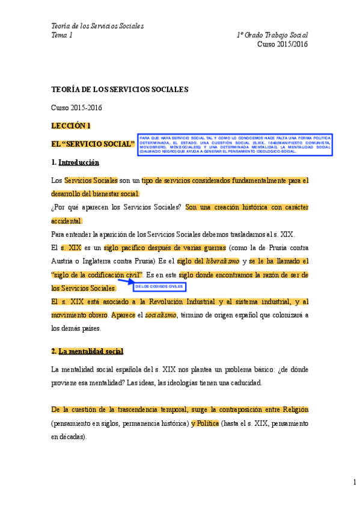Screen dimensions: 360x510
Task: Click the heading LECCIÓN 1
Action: pos(71,126)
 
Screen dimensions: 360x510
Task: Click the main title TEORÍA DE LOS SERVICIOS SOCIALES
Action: pos(120,89)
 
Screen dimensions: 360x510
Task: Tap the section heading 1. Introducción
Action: pos(75,162)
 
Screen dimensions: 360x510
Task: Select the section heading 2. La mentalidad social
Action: pos(87,351)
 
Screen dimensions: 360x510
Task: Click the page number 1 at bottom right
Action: pos(355,482)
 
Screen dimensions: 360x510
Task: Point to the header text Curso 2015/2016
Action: pos(282,44)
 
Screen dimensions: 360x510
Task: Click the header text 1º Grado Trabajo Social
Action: pos(272,35)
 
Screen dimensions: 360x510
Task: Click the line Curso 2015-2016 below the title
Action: pos(76,108)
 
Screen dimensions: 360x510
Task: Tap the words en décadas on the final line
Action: pos(69,437)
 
